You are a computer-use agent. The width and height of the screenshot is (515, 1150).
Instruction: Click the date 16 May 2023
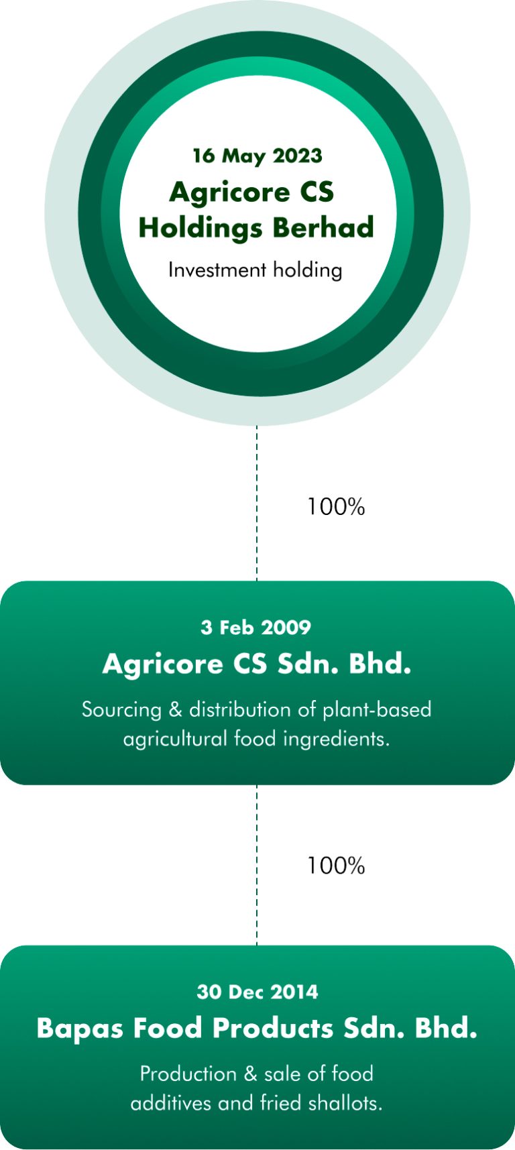pyautogui.click(x=257, y=156)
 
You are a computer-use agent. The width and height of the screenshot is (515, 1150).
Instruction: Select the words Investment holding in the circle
pyautogui.click(x=255, y=270)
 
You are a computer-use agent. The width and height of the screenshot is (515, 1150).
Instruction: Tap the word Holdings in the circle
pyautogui.click(x=200, y=228)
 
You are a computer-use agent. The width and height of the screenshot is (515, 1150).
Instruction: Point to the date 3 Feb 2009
pyautogui.click(x=256, y=628)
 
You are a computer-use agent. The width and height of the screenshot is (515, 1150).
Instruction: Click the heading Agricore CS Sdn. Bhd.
pyautogui.click(x=257, y=664)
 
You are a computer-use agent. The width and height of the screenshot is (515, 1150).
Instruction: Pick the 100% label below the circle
pyautogui.click(x=336, y=507)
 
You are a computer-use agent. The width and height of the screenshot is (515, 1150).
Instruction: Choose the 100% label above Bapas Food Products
pyautogui.click(x=336, y=866)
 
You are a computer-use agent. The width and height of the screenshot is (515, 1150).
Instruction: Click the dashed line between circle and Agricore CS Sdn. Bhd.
pyautogui.click(x=257, y=503)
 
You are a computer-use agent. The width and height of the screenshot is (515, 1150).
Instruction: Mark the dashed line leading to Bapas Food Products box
pyautogui.click(x=257, y=865)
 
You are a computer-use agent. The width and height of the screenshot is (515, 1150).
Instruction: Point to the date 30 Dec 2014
pyautogui.click(x=257, y=992)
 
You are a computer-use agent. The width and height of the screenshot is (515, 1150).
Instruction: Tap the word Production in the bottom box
pyautogui.click(x=188, y=1074)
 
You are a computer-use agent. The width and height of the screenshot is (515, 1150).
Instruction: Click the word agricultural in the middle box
pyautogui.click(x=176, y=739)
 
